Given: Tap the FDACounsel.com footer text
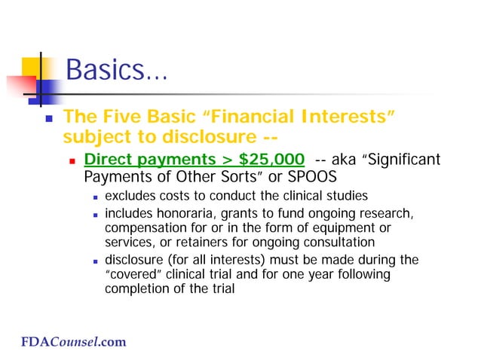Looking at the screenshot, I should click(x=73, y=343).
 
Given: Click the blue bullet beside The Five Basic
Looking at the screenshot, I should click(x=48, y=118).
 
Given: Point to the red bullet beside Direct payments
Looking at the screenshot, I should click(x=73, y=160).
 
